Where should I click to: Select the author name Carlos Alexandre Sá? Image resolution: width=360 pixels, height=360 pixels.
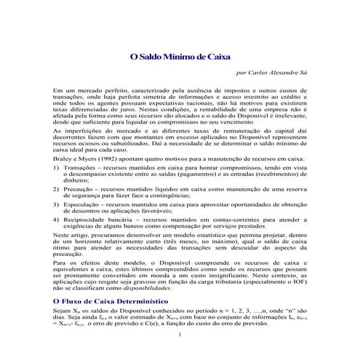coord(273,73)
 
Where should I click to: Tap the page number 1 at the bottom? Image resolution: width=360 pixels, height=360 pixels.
coord(179,335)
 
